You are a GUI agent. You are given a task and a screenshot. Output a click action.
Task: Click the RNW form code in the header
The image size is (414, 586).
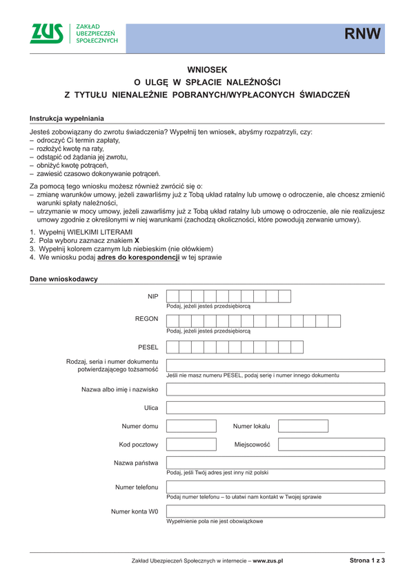click(x=363, y=35)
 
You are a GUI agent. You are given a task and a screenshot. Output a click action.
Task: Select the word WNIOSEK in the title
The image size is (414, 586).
click(x=208, y=69)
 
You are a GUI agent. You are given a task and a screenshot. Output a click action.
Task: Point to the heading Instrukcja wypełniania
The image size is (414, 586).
click(x=66, y=119)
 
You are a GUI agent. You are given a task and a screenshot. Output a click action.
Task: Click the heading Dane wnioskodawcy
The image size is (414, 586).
click(x=63, y=279)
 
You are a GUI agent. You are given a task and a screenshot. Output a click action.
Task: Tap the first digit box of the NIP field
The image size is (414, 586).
click(x=174, y=297)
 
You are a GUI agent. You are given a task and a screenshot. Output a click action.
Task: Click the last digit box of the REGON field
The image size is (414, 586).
click(x=335, y=321)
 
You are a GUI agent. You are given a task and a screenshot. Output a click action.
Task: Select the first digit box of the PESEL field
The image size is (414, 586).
click(x=174, y=346)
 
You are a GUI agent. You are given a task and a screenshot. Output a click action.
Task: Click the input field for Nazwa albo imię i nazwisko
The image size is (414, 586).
click(x=275, y=389)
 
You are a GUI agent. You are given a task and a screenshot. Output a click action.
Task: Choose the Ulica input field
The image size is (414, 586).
click(x=275, y=409)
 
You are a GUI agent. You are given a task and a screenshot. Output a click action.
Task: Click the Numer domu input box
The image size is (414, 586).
click(x=191, y=426)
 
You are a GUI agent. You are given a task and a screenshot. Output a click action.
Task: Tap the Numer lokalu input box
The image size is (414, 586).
click(x=303, y=426)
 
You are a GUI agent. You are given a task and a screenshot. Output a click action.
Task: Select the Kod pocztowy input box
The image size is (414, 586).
click(x=191, y=445)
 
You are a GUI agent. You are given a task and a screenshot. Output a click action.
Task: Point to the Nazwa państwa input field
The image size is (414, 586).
click(x=275, y=462)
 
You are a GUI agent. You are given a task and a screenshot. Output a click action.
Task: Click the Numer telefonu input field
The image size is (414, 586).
click(x=275, y=487)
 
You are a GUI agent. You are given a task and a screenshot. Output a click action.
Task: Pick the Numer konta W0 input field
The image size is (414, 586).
click(x=275, y=511)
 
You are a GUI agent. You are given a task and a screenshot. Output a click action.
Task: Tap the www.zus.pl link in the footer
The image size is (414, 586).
click(x=268, y=561)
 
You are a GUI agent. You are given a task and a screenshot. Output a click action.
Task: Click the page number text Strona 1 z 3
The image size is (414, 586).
click(x=367, y=560)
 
